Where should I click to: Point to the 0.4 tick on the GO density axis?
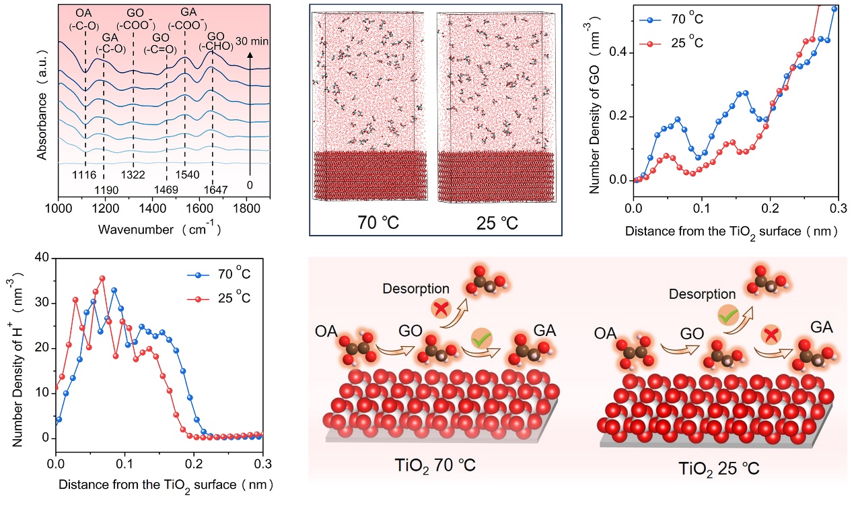[x=620, y=52]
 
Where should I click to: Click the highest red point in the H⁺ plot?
[x=102, y=277]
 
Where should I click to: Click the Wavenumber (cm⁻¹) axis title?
[x=159, y=228]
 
